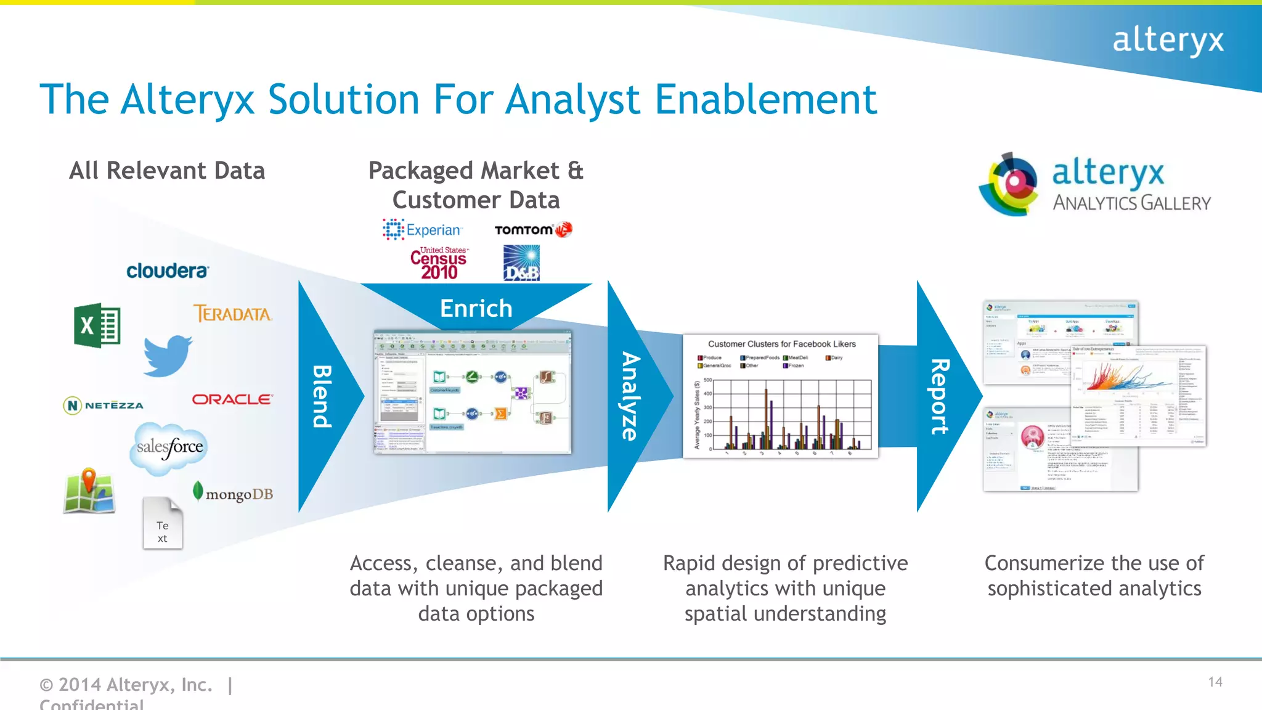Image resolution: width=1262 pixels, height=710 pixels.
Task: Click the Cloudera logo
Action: (x=168, y=271)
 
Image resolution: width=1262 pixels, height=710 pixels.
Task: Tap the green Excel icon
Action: (x=97, y=325)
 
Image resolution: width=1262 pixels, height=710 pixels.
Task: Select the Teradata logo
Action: (x=233, y=314)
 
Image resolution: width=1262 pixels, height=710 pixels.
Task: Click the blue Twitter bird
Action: (x=167, y=356)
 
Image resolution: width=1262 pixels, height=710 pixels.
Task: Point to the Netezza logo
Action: (x=104, y=405)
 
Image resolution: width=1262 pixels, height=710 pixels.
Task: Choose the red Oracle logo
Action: (x=232, y=399)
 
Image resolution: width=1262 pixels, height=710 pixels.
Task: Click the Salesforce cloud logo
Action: (x=169, y=447)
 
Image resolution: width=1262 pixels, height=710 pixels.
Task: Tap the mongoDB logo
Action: (x=233, y=493)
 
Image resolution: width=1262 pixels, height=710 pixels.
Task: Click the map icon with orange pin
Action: (x=89, y=491)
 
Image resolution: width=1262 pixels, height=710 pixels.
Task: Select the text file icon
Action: (x=163, y=523)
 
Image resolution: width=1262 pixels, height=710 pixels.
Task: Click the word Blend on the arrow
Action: (x=322, y=396)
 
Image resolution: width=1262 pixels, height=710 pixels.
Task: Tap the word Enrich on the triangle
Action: (x=476, y=308)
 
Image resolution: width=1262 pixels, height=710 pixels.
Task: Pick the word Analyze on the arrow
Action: (x=630, y=396)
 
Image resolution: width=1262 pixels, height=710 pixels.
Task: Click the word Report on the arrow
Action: (x=939, y=396)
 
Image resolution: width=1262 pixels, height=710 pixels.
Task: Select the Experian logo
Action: (x=423, y=230)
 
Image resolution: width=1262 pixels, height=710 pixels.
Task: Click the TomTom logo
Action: (x=533, y=230)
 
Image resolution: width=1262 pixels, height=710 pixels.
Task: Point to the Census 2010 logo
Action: (x=439, y=263)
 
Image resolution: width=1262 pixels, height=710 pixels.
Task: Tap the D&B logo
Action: (x=521, y=263)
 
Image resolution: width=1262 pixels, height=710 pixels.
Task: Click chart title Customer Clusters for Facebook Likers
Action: (x=781, y=344)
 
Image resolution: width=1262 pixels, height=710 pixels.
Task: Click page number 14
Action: (x=1215, y=682)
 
